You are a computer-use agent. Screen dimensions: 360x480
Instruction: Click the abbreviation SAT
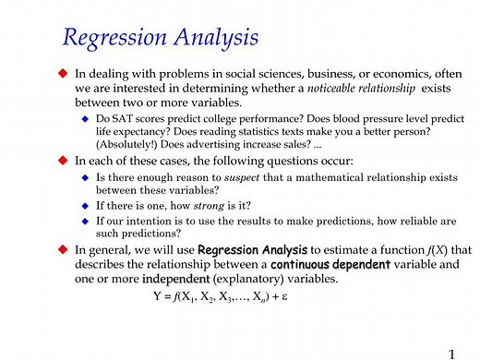click(x=122, y=118)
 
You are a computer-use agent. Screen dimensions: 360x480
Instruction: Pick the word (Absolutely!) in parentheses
click(x=130, y=144)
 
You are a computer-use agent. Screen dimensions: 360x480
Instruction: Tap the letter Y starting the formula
click(x=156, y=297)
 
